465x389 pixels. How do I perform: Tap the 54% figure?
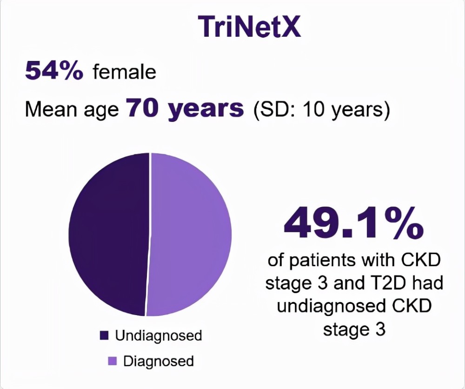pyautogui.click(x=54, y=72)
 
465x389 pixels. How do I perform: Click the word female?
pyautogui.click(x=125, y=72)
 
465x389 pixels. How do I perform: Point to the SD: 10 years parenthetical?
pyautogui.click(x=321, y=110)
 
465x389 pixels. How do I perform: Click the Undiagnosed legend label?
pyautogui.click(x=159, y=335)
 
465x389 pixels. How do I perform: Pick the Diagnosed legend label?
pyautogui.click(x=159, y=361)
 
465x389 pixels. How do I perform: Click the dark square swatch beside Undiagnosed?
pyautogui.click(x=104, y=335)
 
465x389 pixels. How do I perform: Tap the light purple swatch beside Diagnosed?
pyautogui.click(x=112, y=361)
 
